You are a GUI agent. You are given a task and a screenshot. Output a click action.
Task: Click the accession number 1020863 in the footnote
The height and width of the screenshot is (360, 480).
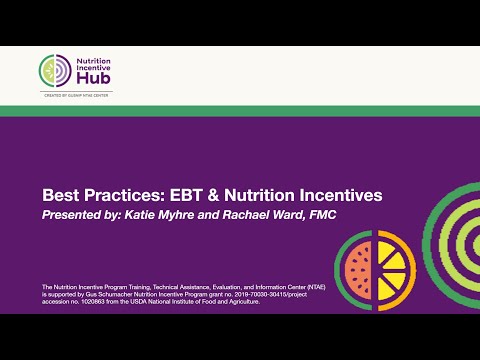[89, 302]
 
